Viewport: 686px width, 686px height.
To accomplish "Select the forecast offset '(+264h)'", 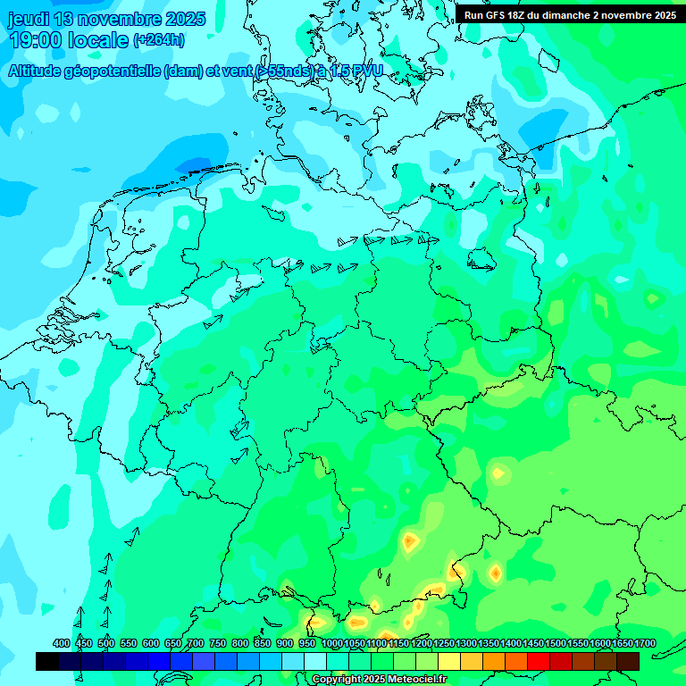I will (158, 40).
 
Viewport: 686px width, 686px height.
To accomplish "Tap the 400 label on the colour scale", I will (62, 644).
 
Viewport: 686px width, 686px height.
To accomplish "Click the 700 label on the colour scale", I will (196, 644).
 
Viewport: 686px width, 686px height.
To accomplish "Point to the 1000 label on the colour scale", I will (331, 644).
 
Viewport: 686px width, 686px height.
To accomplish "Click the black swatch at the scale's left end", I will (47, 661).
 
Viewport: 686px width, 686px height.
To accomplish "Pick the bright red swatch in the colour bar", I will (538, 661).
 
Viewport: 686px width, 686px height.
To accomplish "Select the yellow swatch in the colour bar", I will (448, 661).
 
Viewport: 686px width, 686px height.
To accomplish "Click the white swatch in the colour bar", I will (315, 661).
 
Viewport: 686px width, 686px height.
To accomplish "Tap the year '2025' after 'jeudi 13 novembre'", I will (184, 19).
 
